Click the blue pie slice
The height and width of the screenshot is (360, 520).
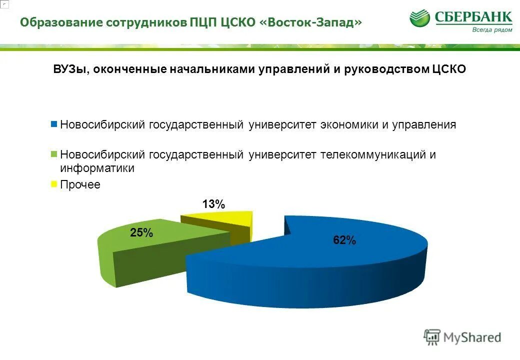click(320, 260)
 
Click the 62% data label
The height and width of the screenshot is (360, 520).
click(344, 240)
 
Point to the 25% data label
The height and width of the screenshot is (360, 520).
click(141, 232)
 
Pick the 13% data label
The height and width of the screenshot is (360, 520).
click(213, 204)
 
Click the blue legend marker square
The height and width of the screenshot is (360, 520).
click(54, 124)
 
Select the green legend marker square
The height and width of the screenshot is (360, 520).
click(54, 154)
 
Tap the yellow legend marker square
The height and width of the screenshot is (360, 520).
click(54, 184)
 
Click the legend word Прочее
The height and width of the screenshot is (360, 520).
click(80, 184)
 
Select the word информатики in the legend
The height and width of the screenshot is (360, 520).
click(97, 168)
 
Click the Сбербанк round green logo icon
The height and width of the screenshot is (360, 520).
click(420, 19)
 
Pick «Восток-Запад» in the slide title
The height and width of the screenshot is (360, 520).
click(310, 22)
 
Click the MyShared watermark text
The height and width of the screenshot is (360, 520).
click(472, 337)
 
